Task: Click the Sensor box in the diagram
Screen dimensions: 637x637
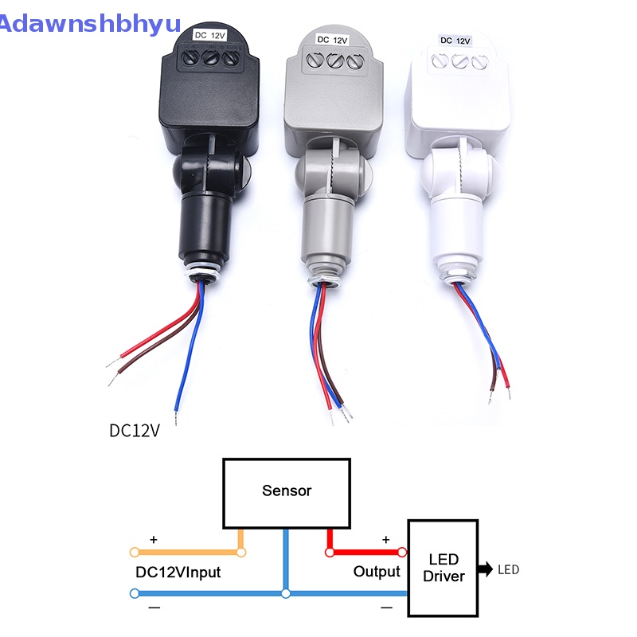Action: point(287,492)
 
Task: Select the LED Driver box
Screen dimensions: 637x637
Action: point(443,568)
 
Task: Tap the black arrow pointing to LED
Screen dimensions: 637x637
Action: point(484,569)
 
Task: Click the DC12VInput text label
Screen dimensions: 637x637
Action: point(178,572)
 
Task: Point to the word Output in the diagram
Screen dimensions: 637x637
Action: point(377,572)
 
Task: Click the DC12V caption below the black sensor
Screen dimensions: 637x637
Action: point(135,431)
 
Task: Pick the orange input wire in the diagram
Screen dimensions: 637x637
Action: point(187,551)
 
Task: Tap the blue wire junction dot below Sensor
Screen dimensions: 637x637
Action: point(286,593)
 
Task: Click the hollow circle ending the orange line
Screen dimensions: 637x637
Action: point(134,552)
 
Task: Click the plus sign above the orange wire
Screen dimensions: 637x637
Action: point(154,540)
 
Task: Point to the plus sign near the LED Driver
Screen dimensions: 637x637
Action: point(386,540)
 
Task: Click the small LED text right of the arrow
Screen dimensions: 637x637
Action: point(508,569)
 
